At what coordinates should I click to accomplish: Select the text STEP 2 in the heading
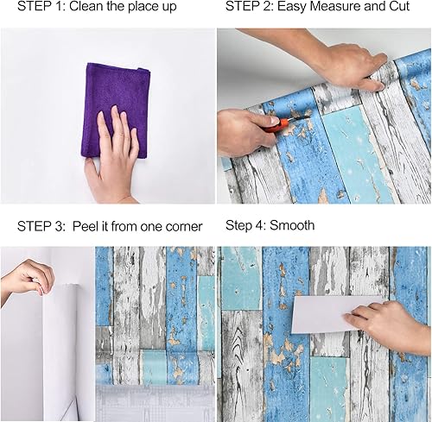click(x=251, y=8)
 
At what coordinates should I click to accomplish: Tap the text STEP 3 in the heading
click(x=40, y=226)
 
